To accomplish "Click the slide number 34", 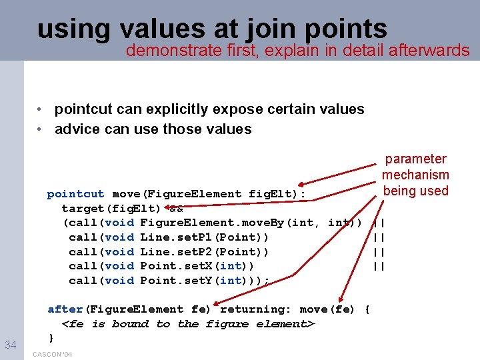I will pos(10,344).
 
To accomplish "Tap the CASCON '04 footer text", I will pos(52,354).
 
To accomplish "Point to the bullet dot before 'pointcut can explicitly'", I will pos(41,109).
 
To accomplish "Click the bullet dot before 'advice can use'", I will pos(41,129).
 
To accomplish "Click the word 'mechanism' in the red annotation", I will pos(415,175).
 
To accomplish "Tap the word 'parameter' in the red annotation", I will pos(415,159).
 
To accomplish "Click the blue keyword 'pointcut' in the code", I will pos(75,194).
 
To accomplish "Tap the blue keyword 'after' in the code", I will pos(65,309).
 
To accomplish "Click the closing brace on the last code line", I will pos(51,338).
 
